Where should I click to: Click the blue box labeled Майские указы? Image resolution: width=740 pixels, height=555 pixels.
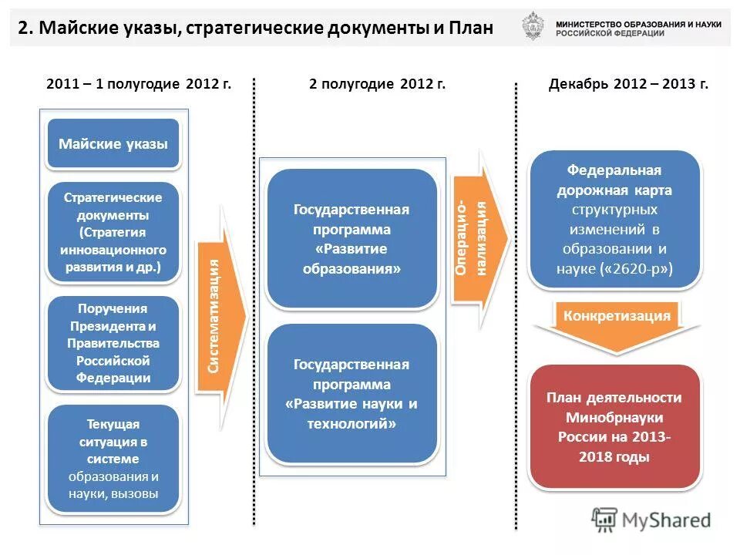point(113,143)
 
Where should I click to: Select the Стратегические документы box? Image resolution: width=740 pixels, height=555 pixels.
point(113,232)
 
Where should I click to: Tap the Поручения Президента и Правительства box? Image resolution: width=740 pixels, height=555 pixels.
point(113,343)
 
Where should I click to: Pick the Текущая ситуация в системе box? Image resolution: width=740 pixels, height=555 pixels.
point(113,459)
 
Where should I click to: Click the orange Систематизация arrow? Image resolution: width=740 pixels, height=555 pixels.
point(220,316)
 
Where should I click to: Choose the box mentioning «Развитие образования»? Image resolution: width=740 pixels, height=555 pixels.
point(351,239)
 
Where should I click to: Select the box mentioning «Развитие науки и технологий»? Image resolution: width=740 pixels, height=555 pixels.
point(351,394)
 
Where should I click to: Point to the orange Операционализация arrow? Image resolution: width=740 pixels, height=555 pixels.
point(478,238)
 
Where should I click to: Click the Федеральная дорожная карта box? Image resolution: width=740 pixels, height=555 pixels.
point(614,219)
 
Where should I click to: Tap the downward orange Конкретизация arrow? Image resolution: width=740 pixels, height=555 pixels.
point(617,324)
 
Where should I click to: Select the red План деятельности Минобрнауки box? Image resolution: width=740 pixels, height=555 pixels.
point(614,427)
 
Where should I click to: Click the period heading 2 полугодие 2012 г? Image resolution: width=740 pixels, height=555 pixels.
point(377,84)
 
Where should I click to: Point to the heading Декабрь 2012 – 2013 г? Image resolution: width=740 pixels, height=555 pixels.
point(628,84)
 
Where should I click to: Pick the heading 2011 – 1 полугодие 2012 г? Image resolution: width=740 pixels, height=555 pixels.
point(139,84)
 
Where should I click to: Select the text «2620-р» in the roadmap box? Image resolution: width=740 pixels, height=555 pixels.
point(636,269)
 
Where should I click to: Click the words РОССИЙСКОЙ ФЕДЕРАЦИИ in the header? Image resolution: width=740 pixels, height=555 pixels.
point(610,34)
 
